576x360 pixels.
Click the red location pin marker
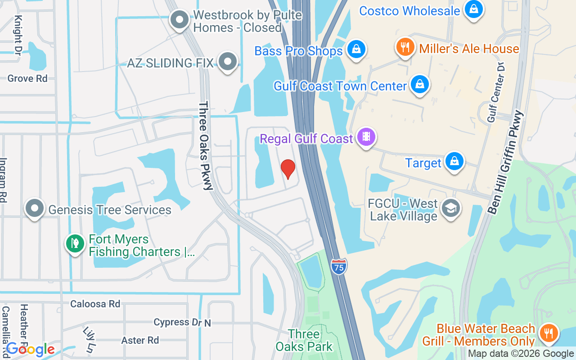288,169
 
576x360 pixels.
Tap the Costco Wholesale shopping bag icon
473,9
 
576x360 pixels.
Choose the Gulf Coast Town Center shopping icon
419,84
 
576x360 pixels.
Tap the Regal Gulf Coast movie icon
366,136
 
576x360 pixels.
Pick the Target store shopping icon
454,161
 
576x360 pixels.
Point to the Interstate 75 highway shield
339,266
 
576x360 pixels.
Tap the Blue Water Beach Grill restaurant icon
548,333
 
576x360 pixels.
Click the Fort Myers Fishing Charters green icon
75,243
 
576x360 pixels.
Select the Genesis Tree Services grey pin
35,208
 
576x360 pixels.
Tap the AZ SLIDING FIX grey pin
228,61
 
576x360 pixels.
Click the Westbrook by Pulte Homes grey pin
180,19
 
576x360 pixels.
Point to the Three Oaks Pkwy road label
205,145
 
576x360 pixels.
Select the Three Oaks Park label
304,340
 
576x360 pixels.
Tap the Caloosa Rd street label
95,304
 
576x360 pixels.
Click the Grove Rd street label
27,78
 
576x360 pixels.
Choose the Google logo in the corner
30,349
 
